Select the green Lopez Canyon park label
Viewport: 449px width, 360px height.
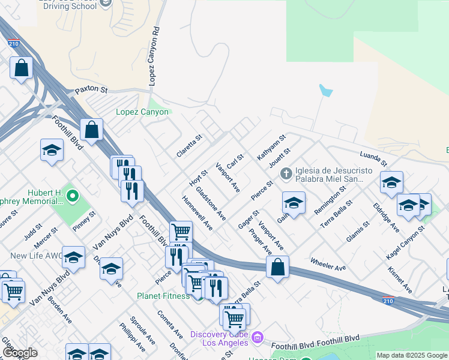click(x=143, y=112)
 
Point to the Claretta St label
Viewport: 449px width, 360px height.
click(x=190, y=145)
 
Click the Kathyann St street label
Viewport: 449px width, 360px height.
click(x=271, y=148)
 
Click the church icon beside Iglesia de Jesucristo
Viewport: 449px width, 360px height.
click(x=286, y=174)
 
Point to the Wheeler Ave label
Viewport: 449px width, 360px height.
click(x=328, y=264)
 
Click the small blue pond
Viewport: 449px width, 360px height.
click(x=326, y=91)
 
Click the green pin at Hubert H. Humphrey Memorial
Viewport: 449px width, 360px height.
click(x=73, y=196)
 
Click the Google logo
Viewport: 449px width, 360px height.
click(x=20, y=353)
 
